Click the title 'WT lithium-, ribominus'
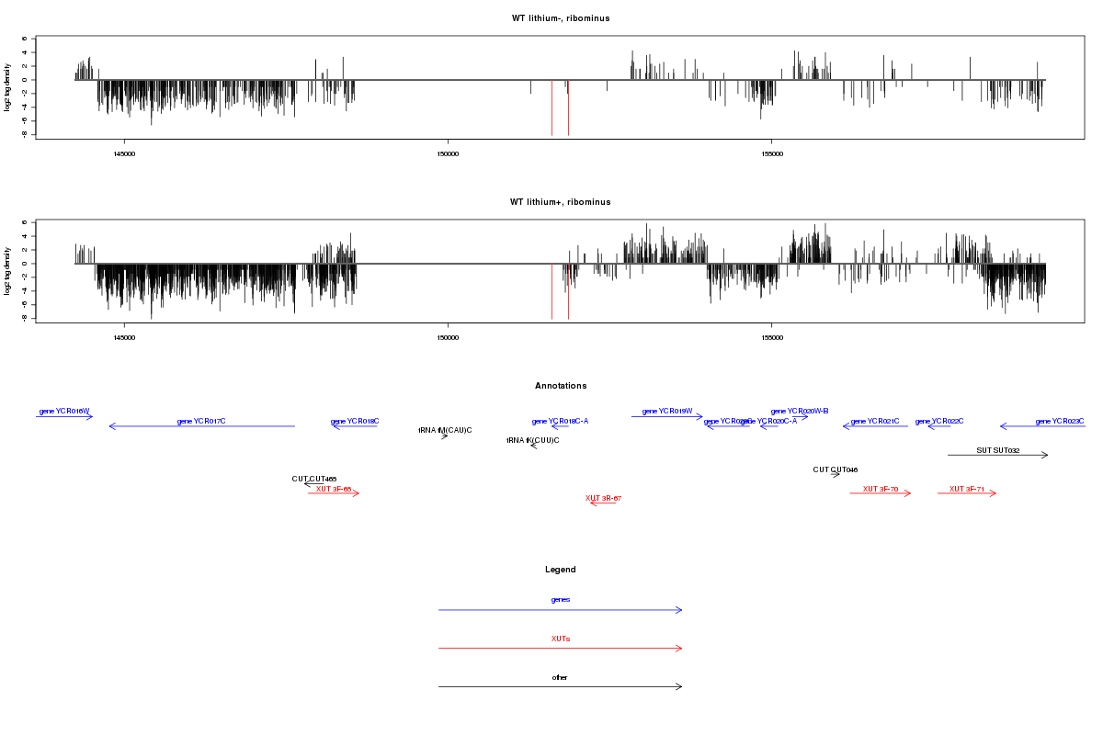560,18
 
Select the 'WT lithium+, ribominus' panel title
560,202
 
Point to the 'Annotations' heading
560,386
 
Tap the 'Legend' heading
560,570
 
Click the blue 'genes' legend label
560,599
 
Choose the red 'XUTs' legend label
560,638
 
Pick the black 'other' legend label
560,677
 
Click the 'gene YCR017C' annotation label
201,421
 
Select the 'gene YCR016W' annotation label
64,411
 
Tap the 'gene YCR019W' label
666,411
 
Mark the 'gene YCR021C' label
875,421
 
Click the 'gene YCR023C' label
1059,421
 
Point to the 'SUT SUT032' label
997,450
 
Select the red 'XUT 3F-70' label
881,489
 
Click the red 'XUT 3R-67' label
604,498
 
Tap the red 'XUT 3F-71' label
967,489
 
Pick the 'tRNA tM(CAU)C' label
445,430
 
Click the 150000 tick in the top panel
448,153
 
